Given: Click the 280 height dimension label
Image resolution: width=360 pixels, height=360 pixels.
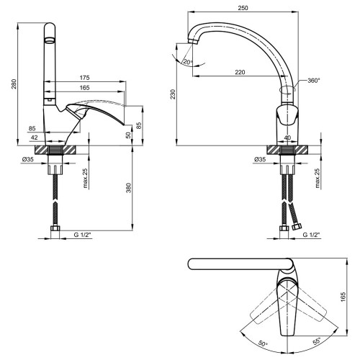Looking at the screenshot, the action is click(x=14, y=84).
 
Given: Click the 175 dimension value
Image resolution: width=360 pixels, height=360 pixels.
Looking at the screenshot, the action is click(x=84, y=78).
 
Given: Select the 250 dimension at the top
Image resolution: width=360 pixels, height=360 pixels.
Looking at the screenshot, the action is click(x=243, y=8).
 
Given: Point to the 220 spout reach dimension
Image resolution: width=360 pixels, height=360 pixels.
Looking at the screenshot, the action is click(x=240, y=72).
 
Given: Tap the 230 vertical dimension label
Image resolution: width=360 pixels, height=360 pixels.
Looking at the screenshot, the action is click(x=173, y=94).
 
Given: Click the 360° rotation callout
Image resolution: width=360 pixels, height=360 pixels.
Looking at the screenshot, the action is click(x=314, y=81).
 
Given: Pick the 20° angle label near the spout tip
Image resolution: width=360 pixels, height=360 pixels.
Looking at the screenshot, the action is click(x=188, y=62).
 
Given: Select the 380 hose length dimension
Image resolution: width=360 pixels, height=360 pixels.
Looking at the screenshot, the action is click(x=129, y=188).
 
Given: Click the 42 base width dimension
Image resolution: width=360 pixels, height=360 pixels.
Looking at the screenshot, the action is click(x=35, y=138).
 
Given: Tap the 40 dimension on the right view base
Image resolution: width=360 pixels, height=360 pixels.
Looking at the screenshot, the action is click(x=287, y=138).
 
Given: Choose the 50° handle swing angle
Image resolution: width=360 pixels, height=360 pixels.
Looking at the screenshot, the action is click(x=263, y=343).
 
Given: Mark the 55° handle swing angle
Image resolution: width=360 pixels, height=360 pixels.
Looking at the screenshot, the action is click(x=317, y=341).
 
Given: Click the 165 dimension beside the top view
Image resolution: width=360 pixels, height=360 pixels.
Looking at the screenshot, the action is click(x=343, y=297).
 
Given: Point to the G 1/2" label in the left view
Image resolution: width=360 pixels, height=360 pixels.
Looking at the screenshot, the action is click(x=83, y=235).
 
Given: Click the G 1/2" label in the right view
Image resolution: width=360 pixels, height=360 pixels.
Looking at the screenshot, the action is click(x=312, y=235).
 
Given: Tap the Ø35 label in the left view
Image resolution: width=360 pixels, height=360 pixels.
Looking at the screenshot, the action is click(x=28, y=159).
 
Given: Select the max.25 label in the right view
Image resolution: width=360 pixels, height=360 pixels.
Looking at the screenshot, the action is click(x=318, y=178).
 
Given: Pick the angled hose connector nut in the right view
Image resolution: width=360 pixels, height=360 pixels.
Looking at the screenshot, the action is click(x=297, y=226).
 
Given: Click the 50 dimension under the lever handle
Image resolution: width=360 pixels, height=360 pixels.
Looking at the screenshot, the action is click(x=129, y=135).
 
